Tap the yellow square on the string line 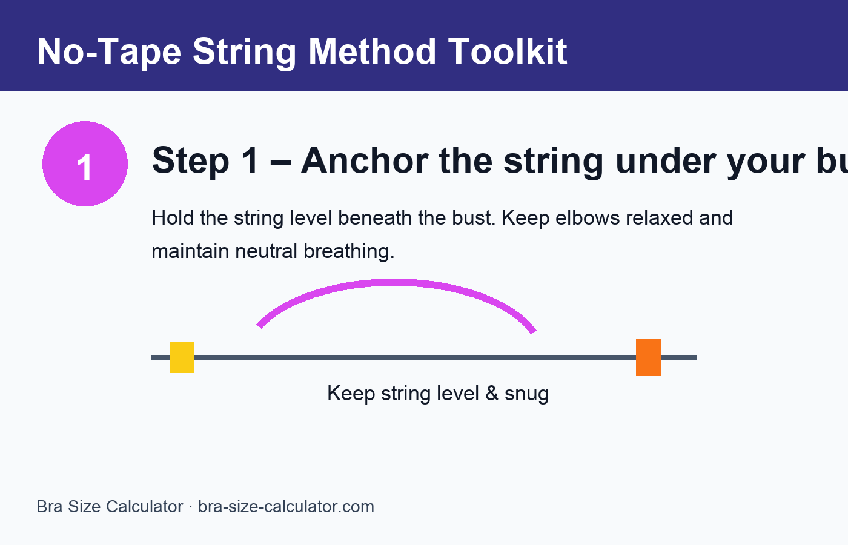click(x=182, y=357)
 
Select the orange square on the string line click(x=648, y=357)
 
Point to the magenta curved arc click(x=394, y=282)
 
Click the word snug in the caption click(x=526, y=394)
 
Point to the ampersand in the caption click(x=491, y=394)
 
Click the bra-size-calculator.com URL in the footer click(x=286, y=507)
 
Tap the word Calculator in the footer click(x=145, y=507)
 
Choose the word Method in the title click(x=372, y=51)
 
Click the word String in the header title click(x=244, y=51)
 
